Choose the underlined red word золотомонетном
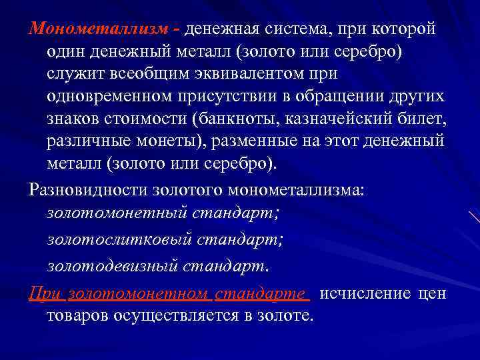[x=138, y=294]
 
